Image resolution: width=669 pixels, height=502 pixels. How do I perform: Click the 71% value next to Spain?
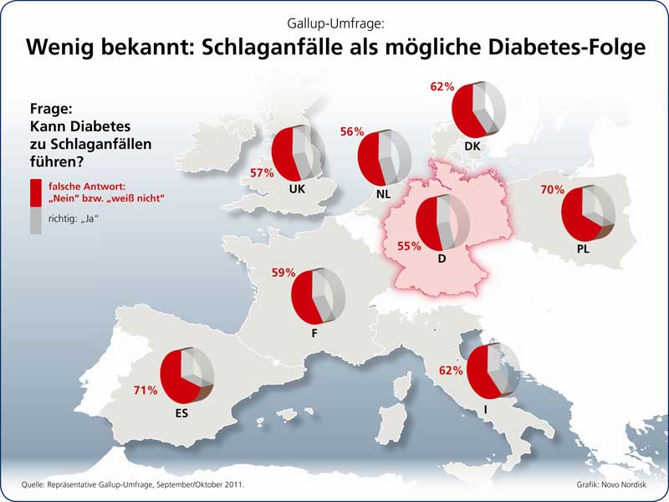tap(146, 391)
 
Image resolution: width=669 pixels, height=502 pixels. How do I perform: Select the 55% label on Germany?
tap(408, 247)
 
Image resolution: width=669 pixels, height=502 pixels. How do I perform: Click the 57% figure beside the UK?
tap(262, 173)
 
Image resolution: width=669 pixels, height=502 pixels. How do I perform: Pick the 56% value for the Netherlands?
tap(352, 131)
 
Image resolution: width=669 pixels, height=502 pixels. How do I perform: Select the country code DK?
tap(472, 146)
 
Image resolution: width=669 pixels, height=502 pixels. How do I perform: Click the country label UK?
tap(296, 189)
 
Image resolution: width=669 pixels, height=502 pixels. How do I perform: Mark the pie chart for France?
tap(319, 296)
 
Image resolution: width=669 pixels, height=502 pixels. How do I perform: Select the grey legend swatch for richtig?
tap(35, 221)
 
